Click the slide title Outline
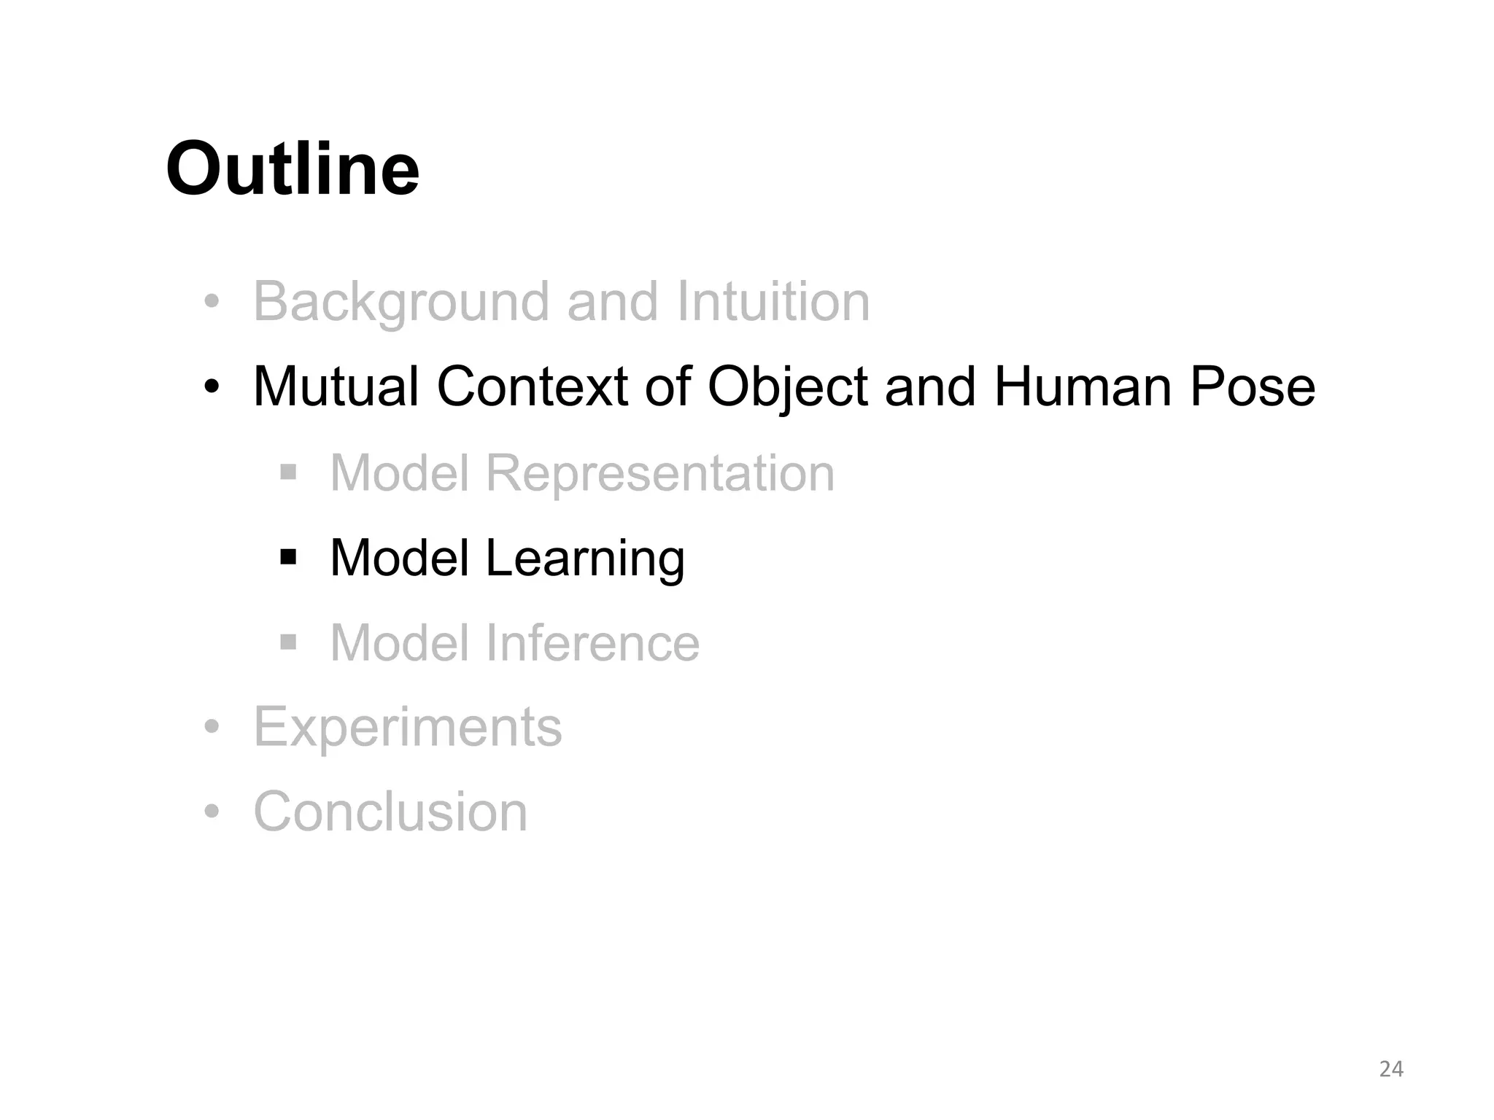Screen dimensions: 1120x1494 click(x=293, y=170)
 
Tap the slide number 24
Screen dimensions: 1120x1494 click(x=1391, y=1069)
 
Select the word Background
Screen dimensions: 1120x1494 click(x=400, y=302)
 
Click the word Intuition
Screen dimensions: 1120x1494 click(x=773, y=302)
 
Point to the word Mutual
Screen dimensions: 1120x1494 click(x=336, y=386)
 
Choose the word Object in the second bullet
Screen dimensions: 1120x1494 click(x=787, y=388)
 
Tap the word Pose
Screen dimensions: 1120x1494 click(x=1253, y=386)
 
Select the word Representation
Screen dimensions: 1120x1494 click(x=659, y=474)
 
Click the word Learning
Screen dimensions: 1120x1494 click(x=585, y=559)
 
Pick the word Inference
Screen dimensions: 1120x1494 click(x=592, y=643)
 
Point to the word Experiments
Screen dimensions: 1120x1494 click(x=408, y=728)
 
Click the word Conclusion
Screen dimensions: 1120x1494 click(x=390, y=812)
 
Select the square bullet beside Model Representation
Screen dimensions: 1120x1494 click(x=289, y=473)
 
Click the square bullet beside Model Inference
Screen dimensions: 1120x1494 click(x=289, y=642)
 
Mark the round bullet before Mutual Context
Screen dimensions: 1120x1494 click(x=212, y=386)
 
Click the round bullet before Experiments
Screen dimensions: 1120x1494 click(x=212, y=727)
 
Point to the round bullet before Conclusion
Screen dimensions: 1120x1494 click(x=212, y=812)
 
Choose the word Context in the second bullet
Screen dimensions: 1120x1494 click(x=532, y=386)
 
